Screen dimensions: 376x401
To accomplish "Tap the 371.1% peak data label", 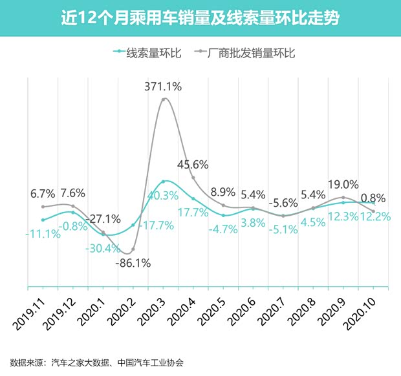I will (x=163, y=86).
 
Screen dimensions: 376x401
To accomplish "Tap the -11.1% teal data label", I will (x=43, y=234).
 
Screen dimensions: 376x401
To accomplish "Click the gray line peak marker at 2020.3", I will (x=164, y=99).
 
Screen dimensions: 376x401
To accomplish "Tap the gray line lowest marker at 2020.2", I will (x=133, y=249).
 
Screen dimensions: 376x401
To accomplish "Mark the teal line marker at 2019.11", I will (x=43, y=220).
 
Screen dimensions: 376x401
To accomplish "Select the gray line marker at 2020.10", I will (x=374, y=211).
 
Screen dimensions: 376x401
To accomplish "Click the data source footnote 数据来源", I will (x=97, y=362).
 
